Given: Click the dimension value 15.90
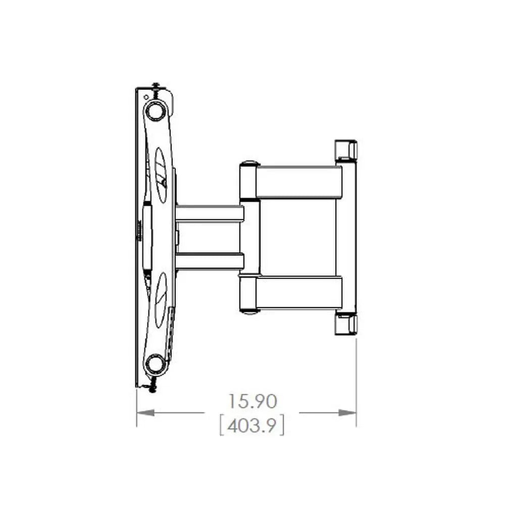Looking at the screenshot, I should coord(252,402).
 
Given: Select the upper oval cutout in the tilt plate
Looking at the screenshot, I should coord(161,175).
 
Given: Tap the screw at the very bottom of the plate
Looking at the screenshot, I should coord(153,388).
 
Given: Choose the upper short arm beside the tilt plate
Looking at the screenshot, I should coord(210,213).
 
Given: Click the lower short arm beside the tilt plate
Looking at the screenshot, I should coord(210,261).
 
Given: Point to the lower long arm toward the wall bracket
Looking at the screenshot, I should coord(298,292).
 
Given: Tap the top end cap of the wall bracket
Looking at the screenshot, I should coord(346,150).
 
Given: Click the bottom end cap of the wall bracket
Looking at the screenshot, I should coord(346,324).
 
